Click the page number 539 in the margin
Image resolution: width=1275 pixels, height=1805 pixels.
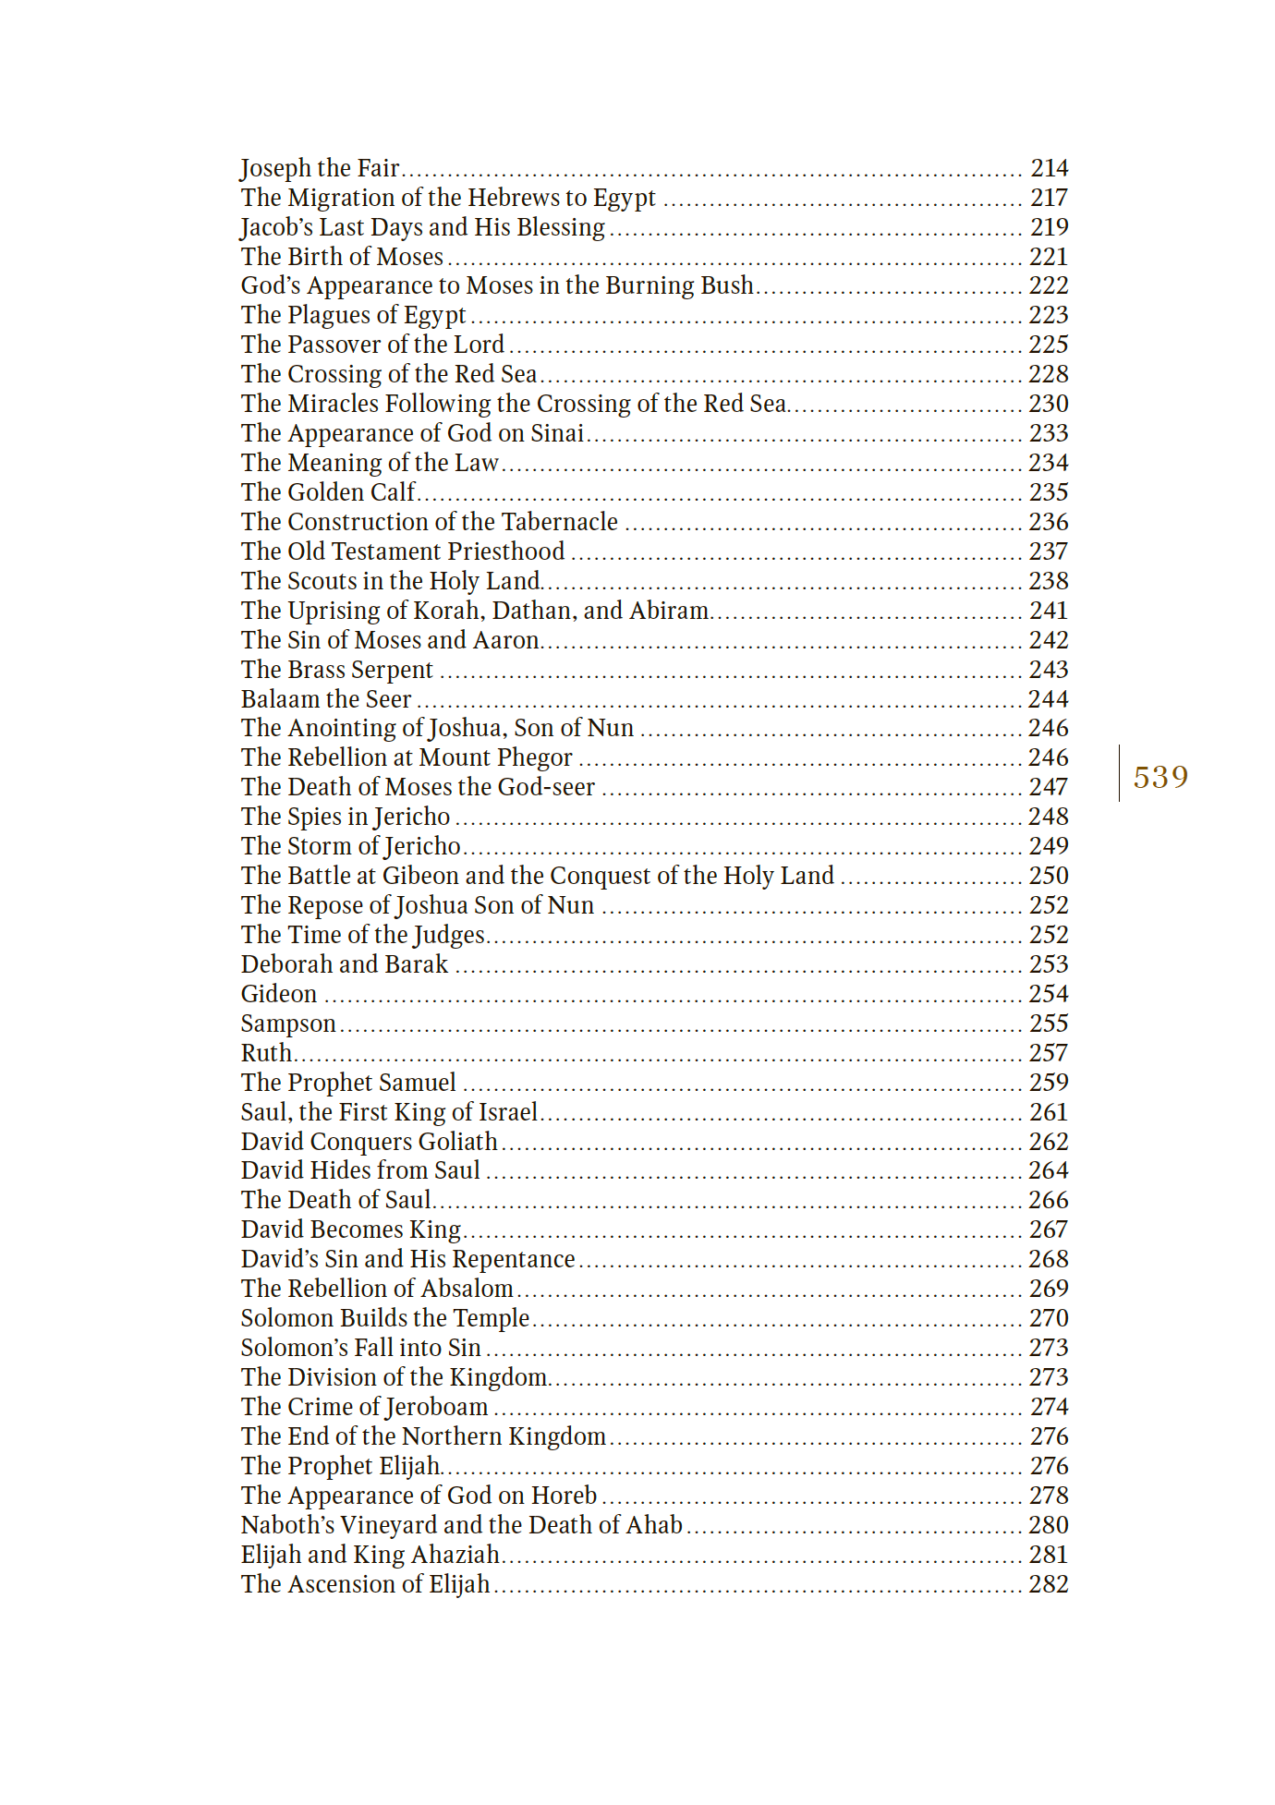point(1160,777)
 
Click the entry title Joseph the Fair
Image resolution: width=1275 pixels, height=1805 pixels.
point(320,168)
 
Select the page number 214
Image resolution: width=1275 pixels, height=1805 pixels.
point(1050,168)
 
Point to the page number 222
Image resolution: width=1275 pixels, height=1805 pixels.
point(1049,285)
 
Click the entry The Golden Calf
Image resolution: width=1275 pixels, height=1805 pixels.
point(328,492)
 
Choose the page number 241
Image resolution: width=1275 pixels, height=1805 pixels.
point(1049,611)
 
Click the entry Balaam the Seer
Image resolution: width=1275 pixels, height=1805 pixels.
point(326,699)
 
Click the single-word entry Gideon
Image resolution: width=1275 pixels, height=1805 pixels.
point(279,994)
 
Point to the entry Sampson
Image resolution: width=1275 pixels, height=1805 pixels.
point(288,1024)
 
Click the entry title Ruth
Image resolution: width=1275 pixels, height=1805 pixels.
point(266,1053)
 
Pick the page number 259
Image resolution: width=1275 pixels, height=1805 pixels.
point(1049,1083)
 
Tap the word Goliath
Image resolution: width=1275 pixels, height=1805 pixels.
point(457,1142)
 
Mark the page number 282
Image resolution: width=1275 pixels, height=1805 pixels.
point(1049,1584)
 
